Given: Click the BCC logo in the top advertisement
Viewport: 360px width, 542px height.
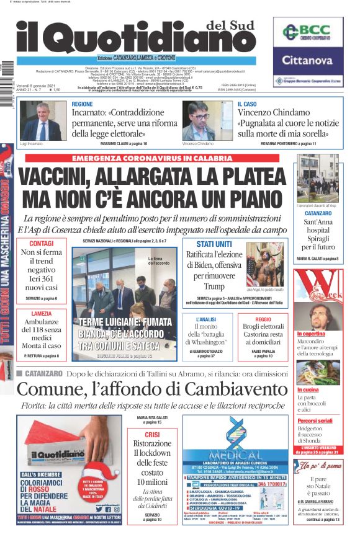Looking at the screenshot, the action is [307, 32].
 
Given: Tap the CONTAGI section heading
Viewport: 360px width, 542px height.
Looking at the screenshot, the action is [41, 243].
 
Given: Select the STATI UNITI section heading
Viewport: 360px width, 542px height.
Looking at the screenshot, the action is [214, 244].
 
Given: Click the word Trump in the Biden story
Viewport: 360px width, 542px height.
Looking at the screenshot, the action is [214, 287].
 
